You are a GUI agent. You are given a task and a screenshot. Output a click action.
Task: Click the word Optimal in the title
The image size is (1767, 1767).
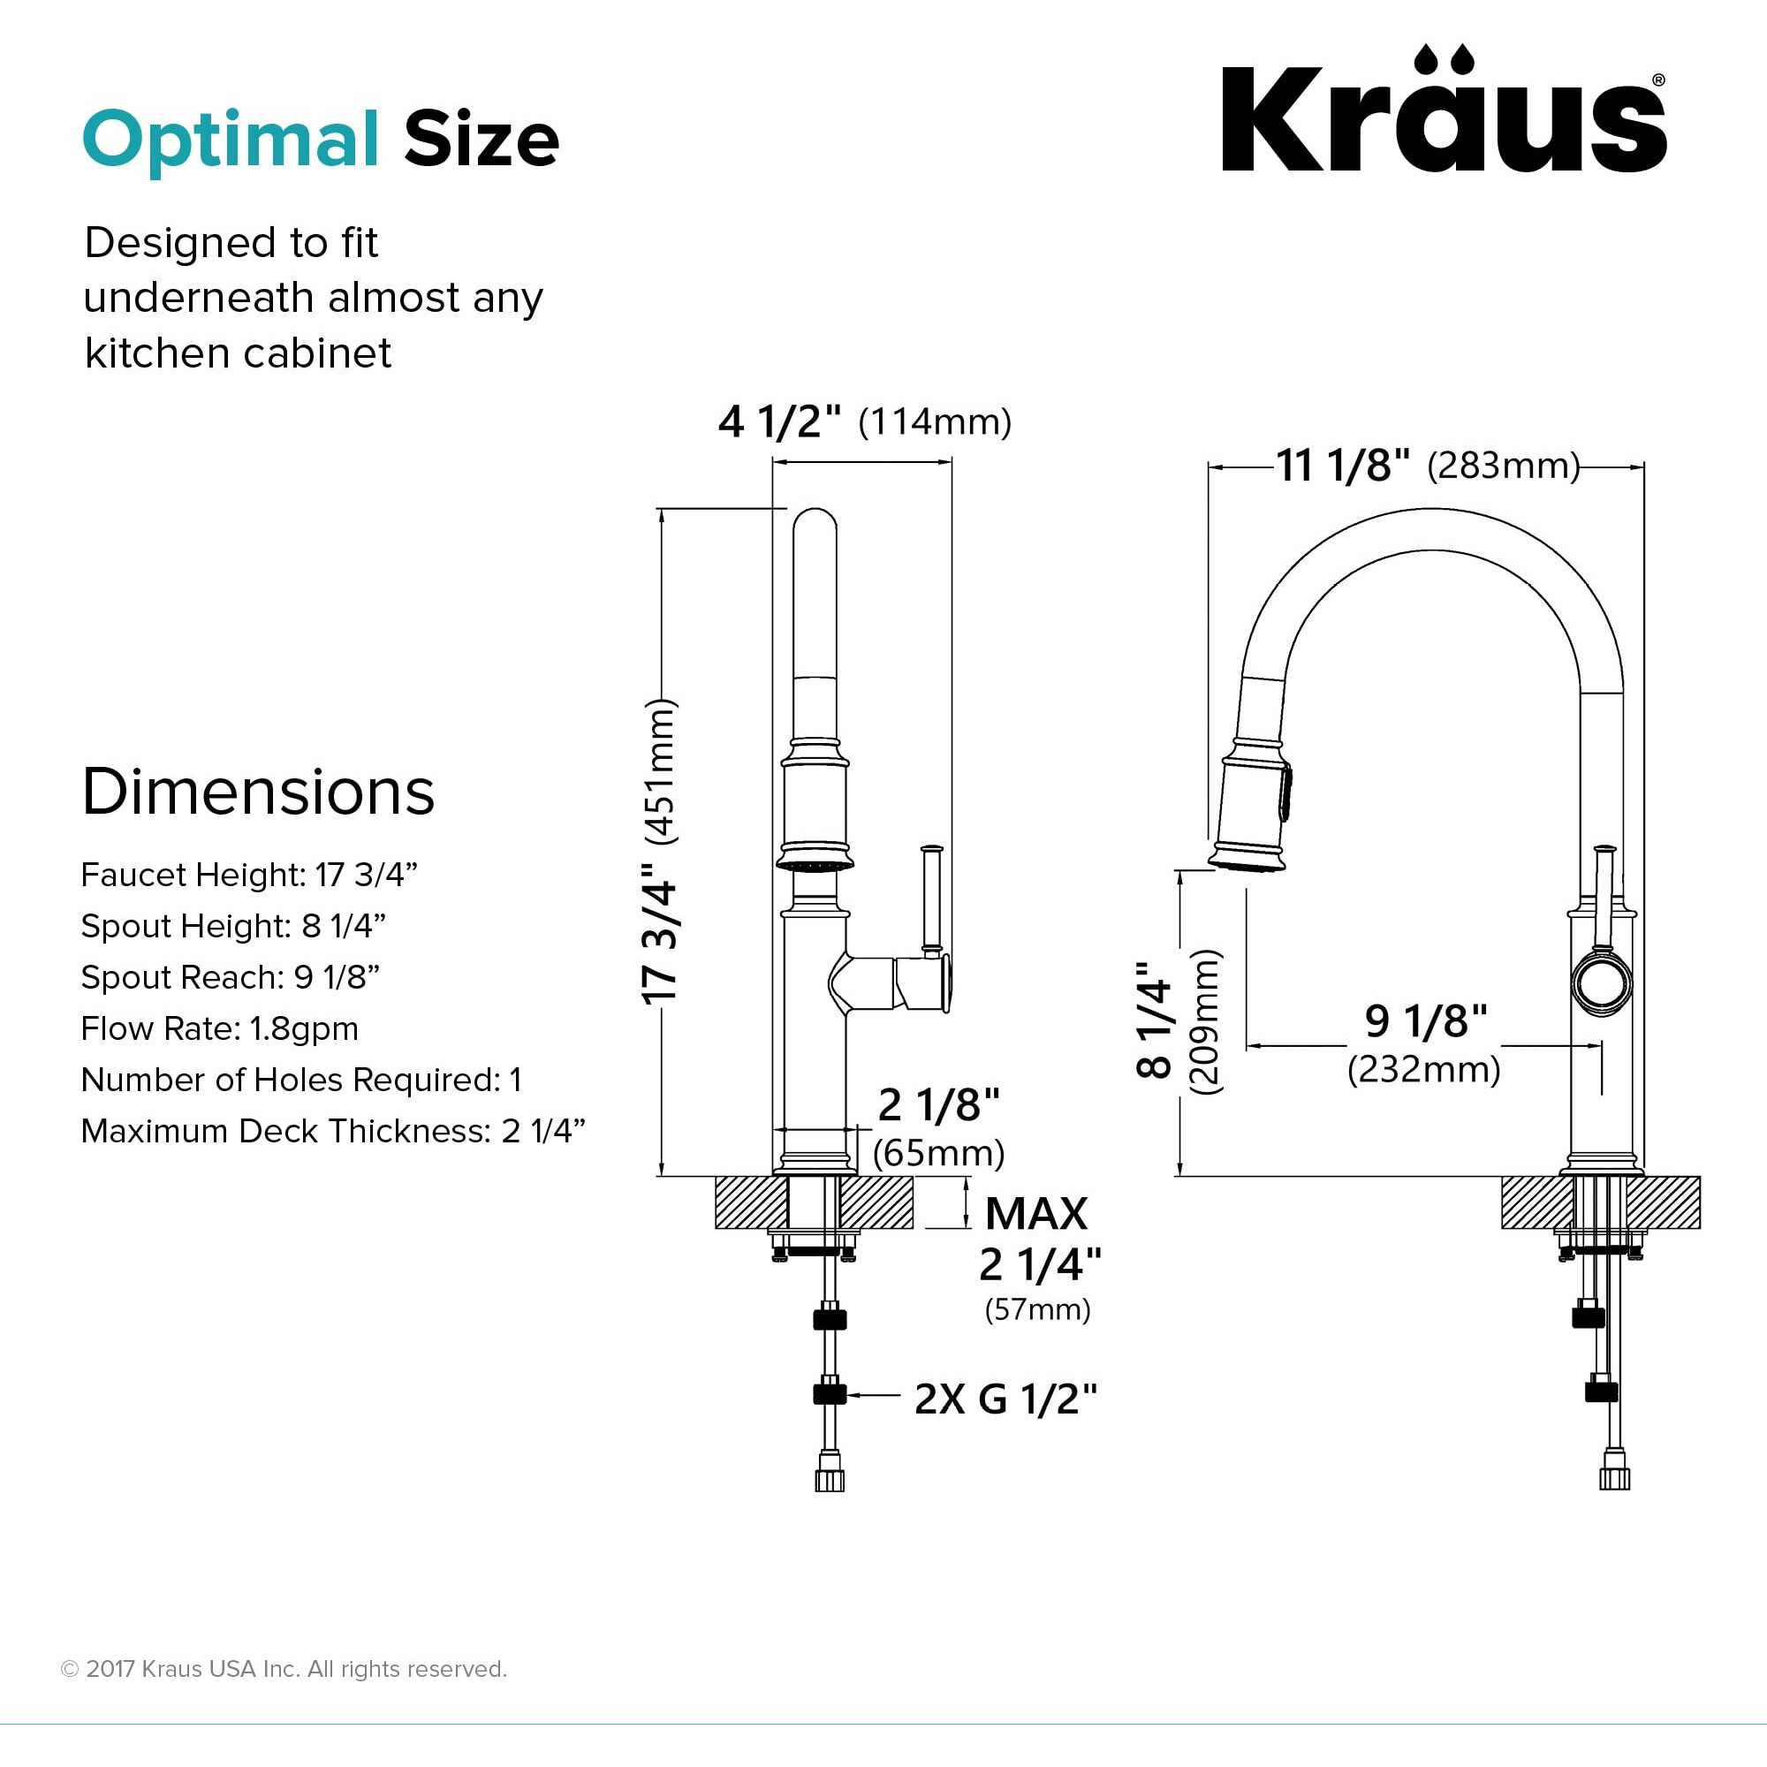pyautogui.click(x=231, y=139)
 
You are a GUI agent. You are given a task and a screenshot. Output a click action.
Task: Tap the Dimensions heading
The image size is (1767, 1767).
pyautogui.click(x=258, y=791)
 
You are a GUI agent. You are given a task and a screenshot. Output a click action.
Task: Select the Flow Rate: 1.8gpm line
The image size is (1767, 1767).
pyautogui.click(x=219, y=1029)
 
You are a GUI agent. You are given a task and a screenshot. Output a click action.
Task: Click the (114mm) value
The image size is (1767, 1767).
pyautogui.click(x=935, y=421)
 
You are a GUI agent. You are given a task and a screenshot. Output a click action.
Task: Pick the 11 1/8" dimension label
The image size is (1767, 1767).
pyautogui.click(x=1343, y=466)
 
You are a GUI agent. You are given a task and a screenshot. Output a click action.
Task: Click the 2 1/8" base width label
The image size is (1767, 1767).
pyautogui.click(x=938, y=1105)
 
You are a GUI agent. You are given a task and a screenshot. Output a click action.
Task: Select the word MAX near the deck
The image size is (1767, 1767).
pyautogui.click(x=1036, y=1214)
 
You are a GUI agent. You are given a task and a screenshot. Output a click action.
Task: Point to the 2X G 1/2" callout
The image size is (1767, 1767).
pyautogui.click(x=1005, y=1399)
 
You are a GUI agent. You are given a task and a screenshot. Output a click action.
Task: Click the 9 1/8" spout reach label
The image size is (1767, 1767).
pyautogui.click(x=1426, y=1020)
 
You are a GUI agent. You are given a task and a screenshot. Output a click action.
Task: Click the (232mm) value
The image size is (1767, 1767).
pyautogui.click(x=1424, y=1068)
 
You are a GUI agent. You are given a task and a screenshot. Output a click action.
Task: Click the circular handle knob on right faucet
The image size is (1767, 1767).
pyautogui.click(x=1601, y=984)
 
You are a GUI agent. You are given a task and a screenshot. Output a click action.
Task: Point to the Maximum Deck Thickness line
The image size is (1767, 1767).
pyautogui.click(x=333, y=1132)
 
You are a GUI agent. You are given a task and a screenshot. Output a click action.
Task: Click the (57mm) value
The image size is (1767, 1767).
pyautogui.click(x=1037, y=1309)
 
